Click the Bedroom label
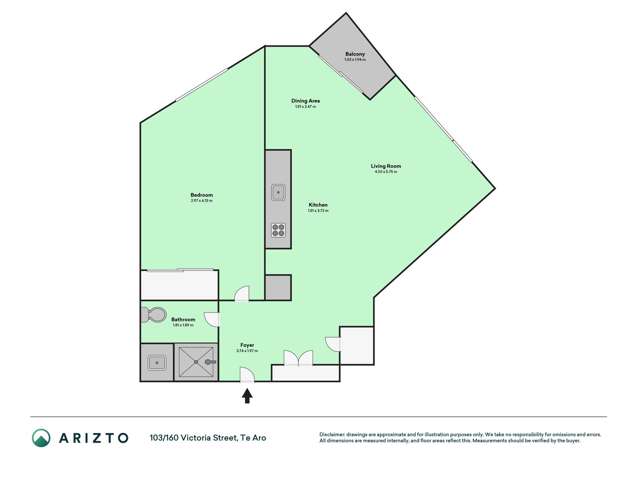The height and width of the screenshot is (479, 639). coord(202,194)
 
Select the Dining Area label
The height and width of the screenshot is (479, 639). coord(305,101)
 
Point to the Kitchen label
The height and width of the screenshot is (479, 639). coord(318,204)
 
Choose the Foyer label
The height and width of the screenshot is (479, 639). coord(246,344)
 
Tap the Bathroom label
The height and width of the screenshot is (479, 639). coord(182,320)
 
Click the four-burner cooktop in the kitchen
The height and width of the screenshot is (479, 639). coord(278,232)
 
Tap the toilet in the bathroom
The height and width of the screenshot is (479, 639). coord(155,316)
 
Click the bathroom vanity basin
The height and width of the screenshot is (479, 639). coord(157,363)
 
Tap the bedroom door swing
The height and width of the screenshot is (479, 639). coord(240,293)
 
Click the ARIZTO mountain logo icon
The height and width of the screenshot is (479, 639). coord(41,437)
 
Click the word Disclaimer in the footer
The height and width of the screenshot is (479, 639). coord(336,433)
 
